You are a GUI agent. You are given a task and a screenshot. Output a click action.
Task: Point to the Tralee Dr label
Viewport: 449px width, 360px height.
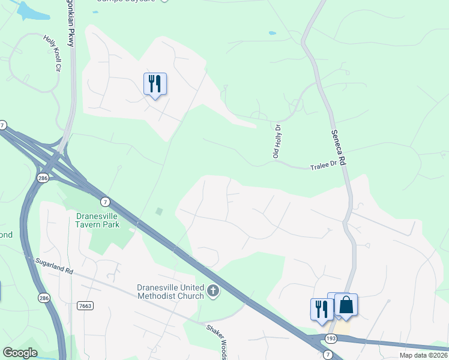coord(323,166)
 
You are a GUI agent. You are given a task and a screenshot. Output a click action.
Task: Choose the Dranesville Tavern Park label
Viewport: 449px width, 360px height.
coord(98,220)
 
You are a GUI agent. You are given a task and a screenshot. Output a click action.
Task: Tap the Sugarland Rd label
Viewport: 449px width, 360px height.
coord(53,266)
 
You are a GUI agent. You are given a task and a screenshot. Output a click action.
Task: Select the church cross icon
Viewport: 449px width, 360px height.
coord(212,292)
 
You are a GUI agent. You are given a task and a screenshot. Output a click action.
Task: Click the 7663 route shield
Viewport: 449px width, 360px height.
coord(85,306)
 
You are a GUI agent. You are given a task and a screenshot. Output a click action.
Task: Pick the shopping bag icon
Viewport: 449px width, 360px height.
coord(346,305)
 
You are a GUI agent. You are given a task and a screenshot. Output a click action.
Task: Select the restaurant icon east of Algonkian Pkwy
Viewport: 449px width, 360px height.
coord(155,83)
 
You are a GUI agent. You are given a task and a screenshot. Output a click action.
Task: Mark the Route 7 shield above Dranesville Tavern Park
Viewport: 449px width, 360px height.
coord(105,201)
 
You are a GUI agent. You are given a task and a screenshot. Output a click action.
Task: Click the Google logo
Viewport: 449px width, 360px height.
coord(20,353)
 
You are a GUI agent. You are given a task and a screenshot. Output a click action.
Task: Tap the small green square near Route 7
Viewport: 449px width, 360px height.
coord(158,211)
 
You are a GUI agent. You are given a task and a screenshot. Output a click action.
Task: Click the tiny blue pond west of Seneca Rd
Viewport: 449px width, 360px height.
coord(273,33)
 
